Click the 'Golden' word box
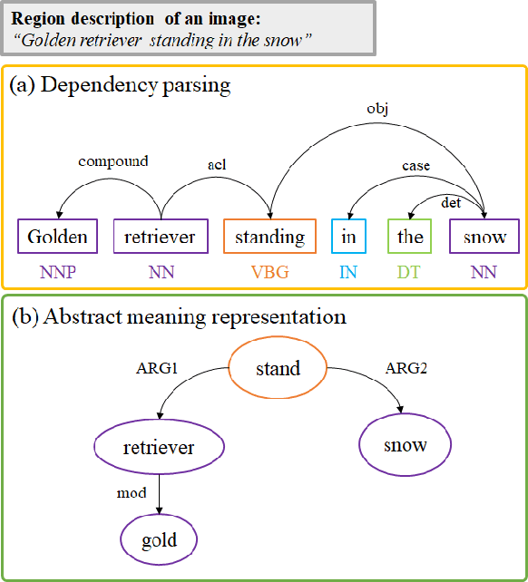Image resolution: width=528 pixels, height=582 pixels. [57, 237]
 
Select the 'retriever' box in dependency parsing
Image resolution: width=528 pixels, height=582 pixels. [161, 237]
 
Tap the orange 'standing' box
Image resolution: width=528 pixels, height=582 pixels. [269, 237]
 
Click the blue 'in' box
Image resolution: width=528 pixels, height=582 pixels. [349, 237]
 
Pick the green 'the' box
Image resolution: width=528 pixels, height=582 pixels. [410, 237]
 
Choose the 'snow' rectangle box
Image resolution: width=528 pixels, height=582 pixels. [484, 237]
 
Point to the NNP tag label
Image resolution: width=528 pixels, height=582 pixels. [57, 272]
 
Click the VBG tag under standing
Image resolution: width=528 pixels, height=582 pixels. [269, 272]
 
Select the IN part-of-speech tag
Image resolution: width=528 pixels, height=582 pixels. [349, 272]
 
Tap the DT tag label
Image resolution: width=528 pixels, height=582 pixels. [410, 272]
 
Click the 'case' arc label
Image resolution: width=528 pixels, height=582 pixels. [416, 166]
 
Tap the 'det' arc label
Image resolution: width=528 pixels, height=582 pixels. [451, 202]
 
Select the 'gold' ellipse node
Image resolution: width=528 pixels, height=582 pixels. [159, 540]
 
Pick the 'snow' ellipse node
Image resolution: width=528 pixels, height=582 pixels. [405, 445]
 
